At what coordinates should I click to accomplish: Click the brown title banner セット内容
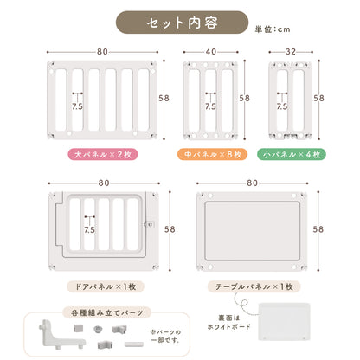(182, 22)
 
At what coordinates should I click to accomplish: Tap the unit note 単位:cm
(273, 29)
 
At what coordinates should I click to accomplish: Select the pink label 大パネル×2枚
(103, 154)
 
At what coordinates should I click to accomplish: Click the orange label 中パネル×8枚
(213, 154)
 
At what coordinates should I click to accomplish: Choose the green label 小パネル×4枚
(292, 154)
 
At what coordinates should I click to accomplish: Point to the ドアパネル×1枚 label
(106, 286)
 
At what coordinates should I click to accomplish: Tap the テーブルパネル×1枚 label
(254, 286)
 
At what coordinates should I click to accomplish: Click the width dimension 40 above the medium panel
(211, 52)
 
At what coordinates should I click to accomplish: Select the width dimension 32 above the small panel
(291, 52)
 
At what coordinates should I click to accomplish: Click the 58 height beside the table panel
(318, 229)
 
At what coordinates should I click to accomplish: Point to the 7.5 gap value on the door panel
(89, 230)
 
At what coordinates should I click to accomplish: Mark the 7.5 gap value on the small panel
(282, 106)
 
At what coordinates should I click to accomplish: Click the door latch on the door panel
(149, 224)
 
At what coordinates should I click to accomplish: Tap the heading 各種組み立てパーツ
(107, 312)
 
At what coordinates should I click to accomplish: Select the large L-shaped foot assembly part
(61, 335)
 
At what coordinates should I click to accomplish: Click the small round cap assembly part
(98, 329)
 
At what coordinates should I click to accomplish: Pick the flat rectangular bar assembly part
(134, 344)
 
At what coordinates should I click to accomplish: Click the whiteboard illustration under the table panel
(285, 321)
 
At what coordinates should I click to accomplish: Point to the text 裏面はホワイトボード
(229, 323)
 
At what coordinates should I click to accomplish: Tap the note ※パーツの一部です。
(165, 336)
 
